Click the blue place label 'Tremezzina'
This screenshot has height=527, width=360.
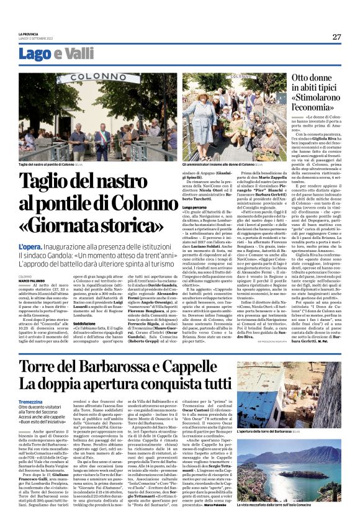(x=32, y=402)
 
